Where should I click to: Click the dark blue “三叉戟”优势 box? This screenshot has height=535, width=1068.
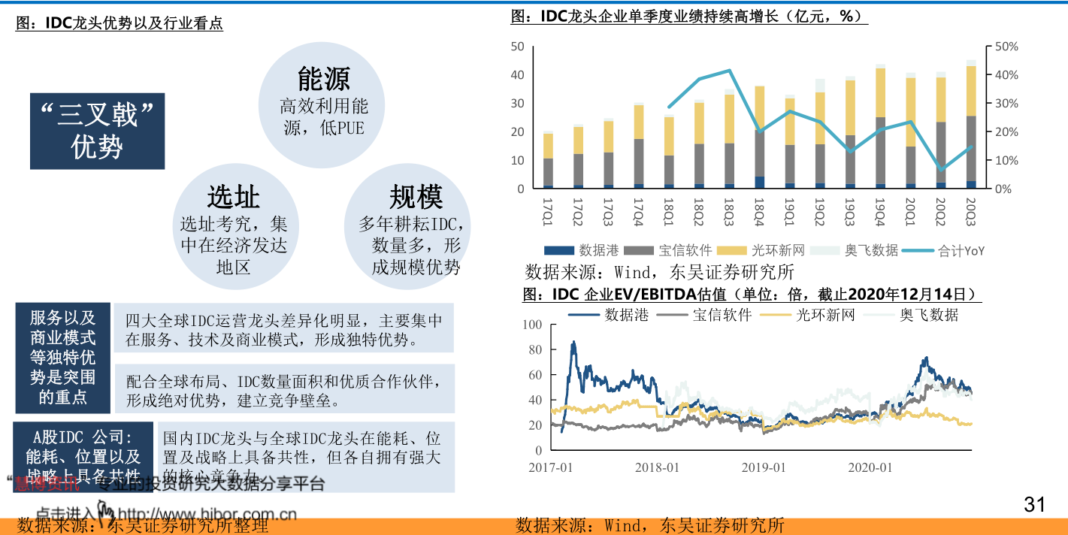coord(97,131)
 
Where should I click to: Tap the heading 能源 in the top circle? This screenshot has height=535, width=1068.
coord(324,78)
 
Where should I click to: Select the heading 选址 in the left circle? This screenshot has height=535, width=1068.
coord(234,197)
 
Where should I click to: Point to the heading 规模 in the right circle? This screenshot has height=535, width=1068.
coord(415,197)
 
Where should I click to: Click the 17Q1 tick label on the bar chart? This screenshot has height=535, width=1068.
coord(547,207)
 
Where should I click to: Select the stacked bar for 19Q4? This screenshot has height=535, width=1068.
coord(880,128)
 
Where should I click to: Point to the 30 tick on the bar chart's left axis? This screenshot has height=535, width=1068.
coord(517,103)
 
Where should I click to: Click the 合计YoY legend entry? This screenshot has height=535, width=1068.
coord(943,251)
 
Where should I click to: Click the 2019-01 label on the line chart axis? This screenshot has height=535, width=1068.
coord(764,467)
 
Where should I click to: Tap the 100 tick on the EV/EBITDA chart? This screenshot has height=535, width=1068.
coord(532,325)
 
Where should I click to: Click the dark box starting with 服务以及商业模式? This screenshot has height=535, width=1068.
coord(63,358)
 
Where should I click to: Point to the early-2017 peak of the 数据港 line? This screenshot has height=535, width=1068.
coord(573,343)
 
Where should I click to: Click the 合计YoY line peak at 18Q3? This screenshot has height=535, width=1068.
coord(729,71)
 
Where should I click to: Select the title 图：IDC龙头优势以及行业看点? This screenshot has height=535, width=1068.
coord(120,24)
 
